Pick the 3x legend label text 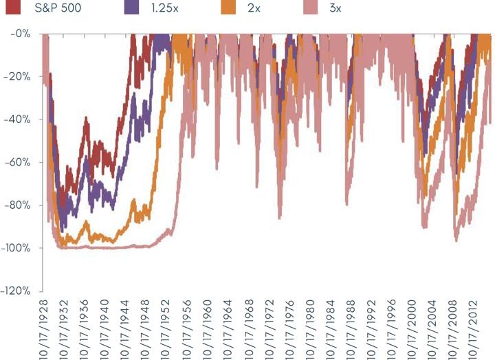333,10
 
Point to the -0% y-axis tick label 20,33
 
